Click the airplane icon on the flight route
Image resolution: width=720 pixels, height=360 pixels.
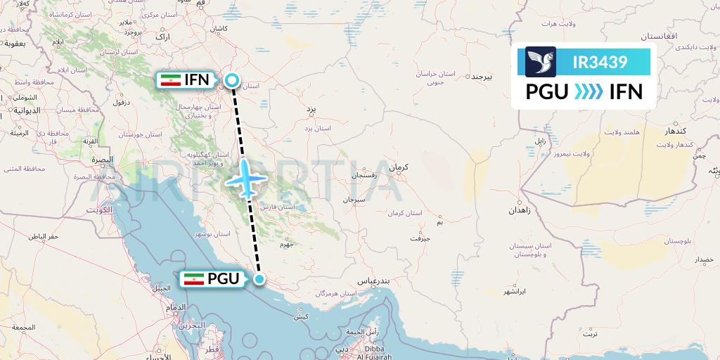245,179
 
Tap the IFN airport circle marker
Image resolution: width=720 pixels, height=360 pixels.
232,82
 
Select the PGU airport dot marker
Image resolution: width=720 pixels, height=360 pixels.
260,281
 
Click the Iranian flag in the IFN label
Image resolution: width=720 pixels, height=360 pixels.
171,80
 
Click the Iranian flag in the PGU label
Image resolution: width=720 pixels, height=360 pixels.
193,279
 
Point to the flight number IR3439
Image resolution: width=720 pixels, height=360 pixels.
600,63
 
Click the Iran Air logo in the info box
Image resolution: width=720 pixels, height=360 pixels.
541,62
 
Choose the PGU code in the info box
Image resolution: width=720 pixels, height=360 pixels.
547,92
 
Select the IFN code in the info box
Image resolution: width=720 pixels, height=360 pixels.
625,92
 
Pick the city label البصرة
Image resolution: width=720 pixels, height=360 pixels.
102,160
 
